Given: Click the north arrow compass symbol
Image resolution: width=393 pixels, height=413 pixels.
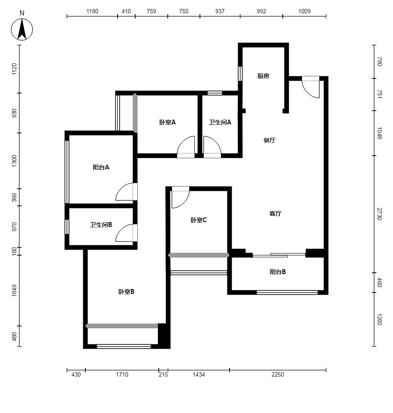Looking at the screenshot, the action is [22, 29].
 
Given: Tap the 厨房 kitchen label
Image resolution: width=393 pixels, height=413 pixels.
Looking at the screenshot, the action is [263, 76].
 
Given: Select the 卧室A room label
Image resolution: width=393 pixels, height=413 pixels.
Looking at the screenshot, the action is [167, 122].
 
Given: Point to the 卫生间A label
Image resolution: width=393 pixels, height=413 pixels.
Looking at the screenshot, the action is [220, 122].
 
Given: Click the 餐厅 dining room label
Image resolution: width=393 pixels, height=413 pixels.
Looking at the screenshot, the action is [269, 140].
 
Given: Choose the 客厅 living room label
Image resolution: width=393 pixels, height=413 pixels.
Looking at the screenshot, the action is [275, 213].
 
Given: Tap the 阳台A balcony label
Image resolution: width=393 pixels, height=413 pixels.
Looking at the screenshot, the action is [101, 167].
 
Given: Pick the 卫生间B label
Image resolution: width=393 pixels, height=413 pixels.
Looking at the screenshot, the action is [101, 225].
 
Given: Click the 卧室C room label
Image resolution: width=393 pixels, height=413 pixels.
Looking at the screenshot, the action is [199, 220].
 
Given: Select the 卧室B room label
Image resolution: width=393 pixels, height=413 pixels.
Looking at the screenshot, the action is [126, 292].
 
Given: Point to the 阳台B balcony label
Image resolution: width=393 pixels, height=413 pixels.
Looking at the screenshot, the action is [278, 272].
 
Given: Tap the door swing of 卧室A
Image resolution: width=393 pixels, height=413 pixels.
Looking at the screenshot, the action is [186, 147].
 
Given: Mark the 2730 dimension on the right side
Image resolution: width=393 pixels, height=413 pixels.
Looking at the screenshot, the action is [379, 214].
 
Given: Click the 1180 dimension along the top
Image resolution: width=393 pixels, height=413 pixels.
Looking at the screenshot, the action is [92, 11].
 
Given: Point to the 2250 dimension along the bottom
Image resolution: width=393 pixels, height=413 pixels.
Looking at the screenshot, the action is [278, 374].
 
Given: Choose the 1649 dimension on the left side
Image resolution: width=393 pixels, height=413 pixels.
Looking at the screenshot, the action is [14, 290].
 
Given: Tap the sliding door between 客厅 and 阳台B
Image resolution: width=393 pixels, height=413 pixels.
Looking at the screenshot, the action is [279, 255].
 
